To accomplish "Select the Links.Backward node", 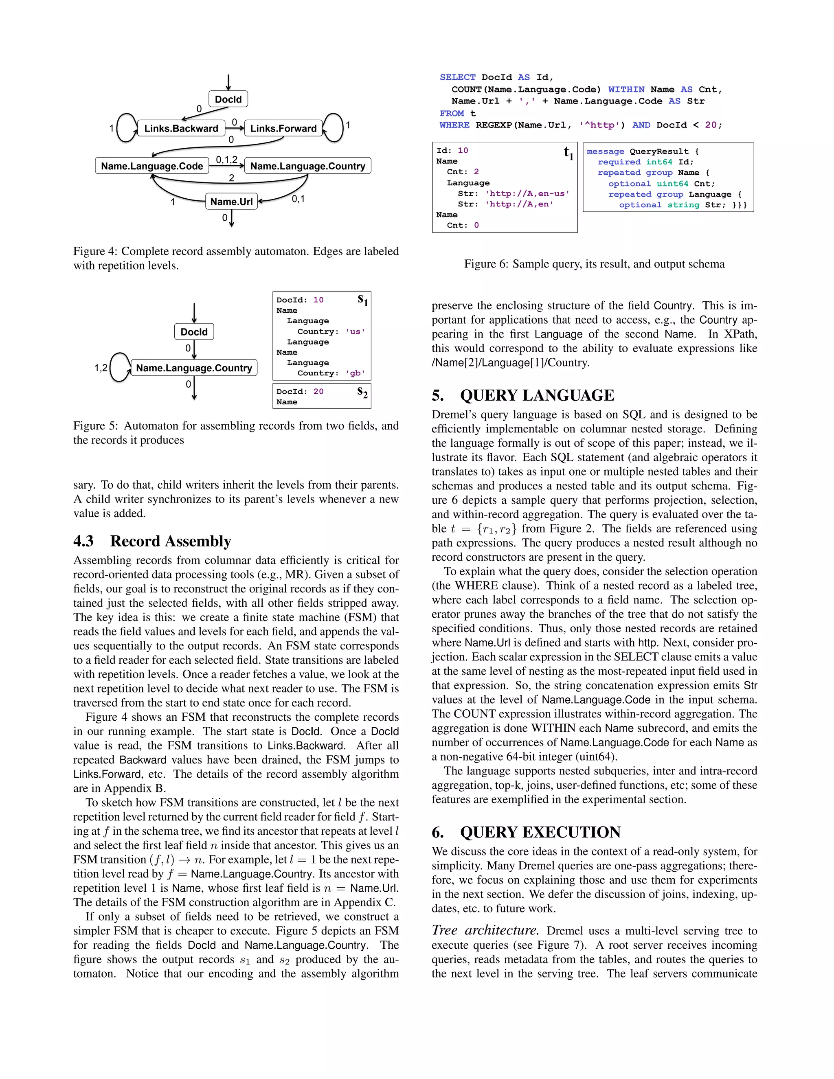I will point(181,128).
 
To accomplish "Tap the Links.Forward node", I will point(283,128).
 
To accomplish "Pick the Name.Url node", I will point(231,202).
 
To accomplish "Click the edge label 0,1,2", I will point(226,160).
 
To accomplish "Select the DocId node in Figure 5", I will point(194,332).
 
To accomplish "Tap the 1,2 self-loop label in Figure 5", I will point(101,368).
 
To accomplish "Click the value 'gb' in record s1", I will point(355,373).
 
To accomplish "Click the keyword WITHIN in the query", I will point(626,90).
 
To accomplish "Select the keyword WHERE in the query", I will point(454,125).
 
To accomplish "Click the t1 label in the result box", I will point(568,153).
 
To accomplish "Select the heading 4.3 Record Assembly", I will point(152,541).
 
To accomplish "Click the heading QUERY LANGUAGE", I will point(537,395).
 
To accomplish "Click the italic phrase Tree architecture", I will point(485,930).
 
